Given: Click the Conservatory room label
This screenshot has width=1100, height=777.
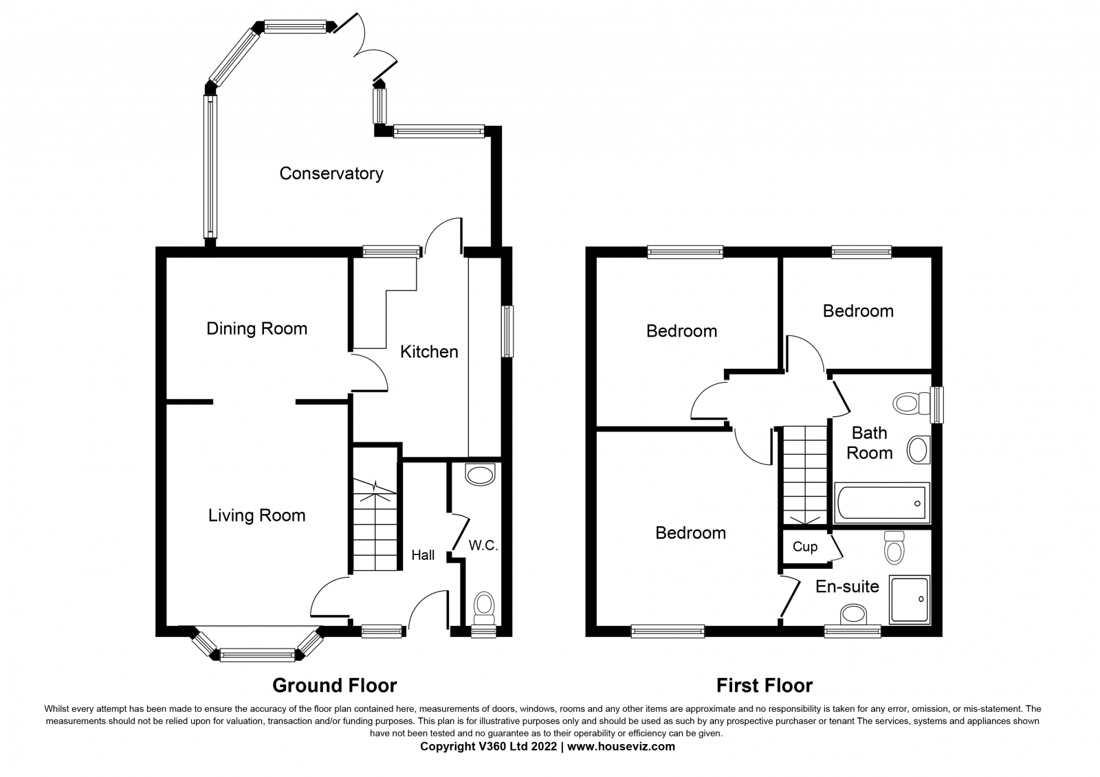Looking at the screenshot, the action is click(x=331, y=174).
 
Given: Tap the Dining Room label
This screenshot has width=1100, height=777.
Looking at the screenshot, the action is click(x=257, y=328).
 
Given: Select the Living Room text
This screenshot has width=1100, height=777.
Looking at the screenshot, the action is click(x=257, y=515).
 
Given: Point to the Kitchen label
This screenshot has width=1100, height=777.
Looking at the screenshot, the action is click(x=429, y=352).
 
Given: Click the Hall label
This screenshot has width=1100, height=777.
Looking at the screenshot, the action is click(x=423, y=555).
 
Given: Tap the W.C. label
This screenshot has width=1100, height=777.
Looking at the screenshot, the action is click(x=483, y=545).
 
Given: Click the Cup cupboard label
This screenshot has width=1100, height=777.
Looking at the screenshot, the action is click(x=805, y=547).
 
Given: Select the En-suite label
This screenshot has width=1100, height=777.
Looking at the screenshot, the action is click(x=847, y=587).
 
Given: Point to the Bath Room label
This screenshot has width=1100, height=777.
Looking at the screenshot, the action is click(x=869, y=442).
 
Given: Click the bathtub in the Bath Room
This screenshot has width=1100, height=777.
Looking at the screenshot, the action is click(x=882, y=503).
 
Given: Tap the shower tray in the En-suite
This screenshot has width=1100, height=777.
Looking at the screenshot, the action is click(x=910, y=600).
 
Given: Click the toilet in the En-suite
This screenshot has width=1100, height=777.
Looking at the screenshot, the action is click(x=894, y=548).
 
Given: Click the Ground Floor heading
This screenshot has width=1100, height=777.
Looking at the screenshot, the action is click(x=334, y=685).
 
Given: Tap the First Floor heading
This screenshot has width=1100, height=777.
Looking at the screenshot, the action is click(x=764, y=685).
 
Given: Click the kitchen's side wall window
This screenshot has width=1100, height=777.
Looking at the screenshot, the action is click(x=508, y=331).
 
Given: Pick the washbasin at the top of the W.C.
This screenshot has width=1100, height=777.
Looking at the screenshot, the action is click(x=481, y=475).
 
